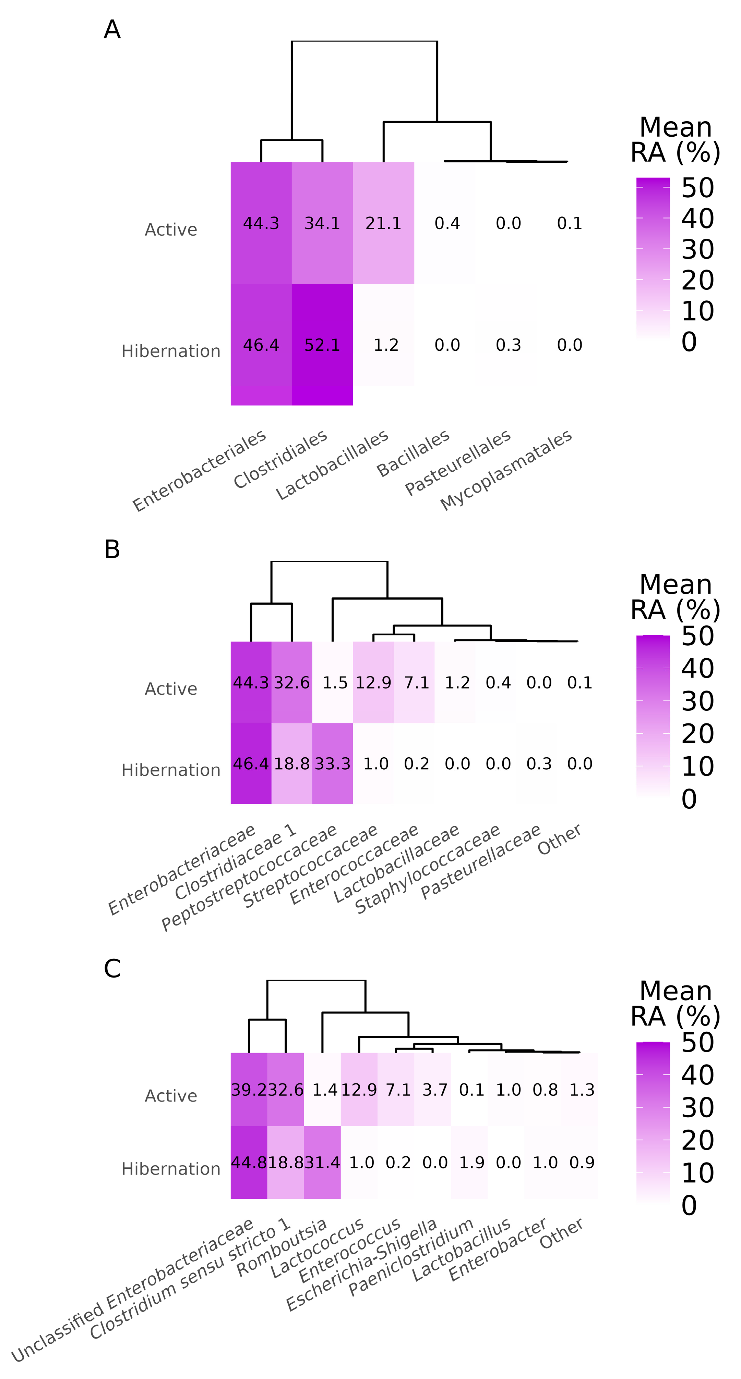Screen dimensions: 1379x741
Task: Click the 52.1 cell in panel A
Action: [x=322, y=345]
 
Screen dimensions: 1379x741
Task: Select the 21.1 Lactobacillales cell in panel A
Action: [x=383, y=223]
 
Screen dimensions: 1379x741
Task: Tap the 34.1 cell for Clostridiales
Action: [x=322, y=223]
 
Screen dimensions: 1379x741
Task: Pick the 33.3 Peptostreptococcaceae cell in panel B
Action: [x=332, y=763]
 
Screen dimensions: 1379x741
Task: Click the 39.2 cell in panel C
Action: [x=249, y=1089]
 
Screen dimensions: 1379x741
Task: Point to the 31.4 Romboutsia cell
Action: [x=322, y=1162]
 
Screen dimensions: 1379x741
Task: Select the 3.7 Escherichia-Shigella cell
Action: [x=434, y=1089]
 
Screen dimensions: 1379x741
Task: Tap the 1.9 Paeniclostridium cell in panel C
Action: [x=471, y=1162]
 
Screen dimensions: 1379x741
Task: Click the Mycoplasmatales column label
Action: [x=507, y=470]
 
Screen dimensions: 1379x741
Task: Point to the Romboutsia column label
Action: [x=282, y=1246]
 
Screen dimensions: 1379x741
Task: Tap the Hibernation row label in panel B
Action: [x=171, y=770]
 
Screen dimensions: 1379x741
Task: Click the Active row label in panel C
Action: [x=171, y=1096]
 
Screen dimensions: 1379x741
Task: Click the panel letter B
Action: [x=112, y=549]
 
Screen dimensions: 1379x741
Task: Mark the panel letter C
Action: [x=112, y=968]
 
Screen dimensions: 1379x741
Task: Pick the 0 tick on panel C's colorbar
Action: [x=689, y=1206]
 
